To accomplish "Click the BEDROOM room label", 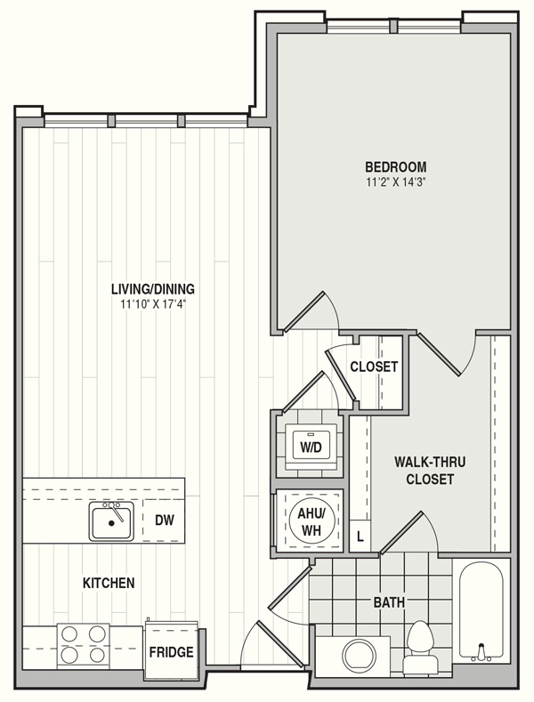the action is click(x=395, y=167).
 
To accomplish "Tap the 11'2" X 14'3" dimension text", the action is click(x=395, y=182).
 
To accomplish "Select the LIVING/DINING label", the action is click(x=153, y=289).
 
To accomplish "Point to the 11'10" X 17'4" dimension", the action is click(x=153, y=304).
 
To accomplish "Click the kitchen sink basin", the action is click(x=111, y=521).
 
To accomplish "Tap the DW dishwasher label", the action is click(x=165, y=520).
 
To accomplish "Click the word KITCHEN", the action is click(x=109, y=583).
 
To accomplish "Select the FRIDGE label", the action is click(x=171, y=652).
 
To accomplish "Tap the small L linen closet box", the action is click(x=360, y=536).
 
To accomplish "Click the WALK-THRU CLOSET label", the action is click(x=429, y=471).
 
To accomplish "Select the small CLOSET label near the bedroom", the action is click(x=374, y=367).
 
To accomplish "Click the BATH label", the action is click(x=389, y=602).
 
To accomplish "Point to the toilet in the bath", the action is click(x=420, y=646).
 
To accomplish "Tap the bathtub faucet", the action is click(x=481, y=652).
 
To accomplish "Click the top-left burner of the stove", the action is click(x=69, y=634).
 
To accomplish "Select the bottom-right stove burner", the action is click(x=97, y=656).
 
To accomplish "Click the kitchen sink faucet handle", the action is click(x=115, y=512).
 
